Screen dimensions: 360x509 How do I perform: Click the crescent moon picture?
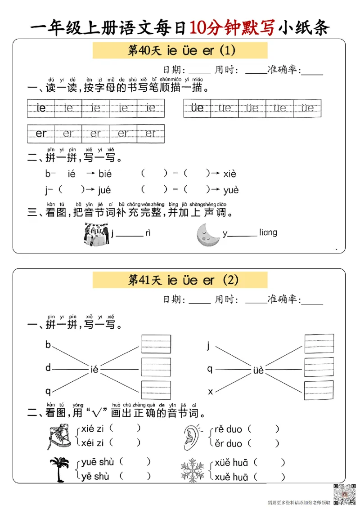(x=207, y=235)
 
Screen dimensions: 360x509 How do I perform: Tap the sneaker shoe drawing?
(x=58, y=436)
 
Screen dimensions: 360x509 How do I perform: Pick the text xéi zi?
(x=92, y=443)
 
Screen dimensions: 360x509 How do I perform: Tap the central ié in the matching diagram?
(x=94, y=370)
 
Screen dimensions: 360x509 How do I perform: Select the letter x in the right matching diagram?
(x=210, y=392)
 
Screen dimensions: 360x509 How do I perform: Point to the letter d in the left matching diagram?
(x=48, y=368)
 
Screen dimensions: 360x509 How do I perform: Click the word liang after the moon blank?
(x=268, y=232)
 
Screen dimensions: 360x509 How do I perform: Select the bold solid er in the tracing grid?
(x=41, y=134)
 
